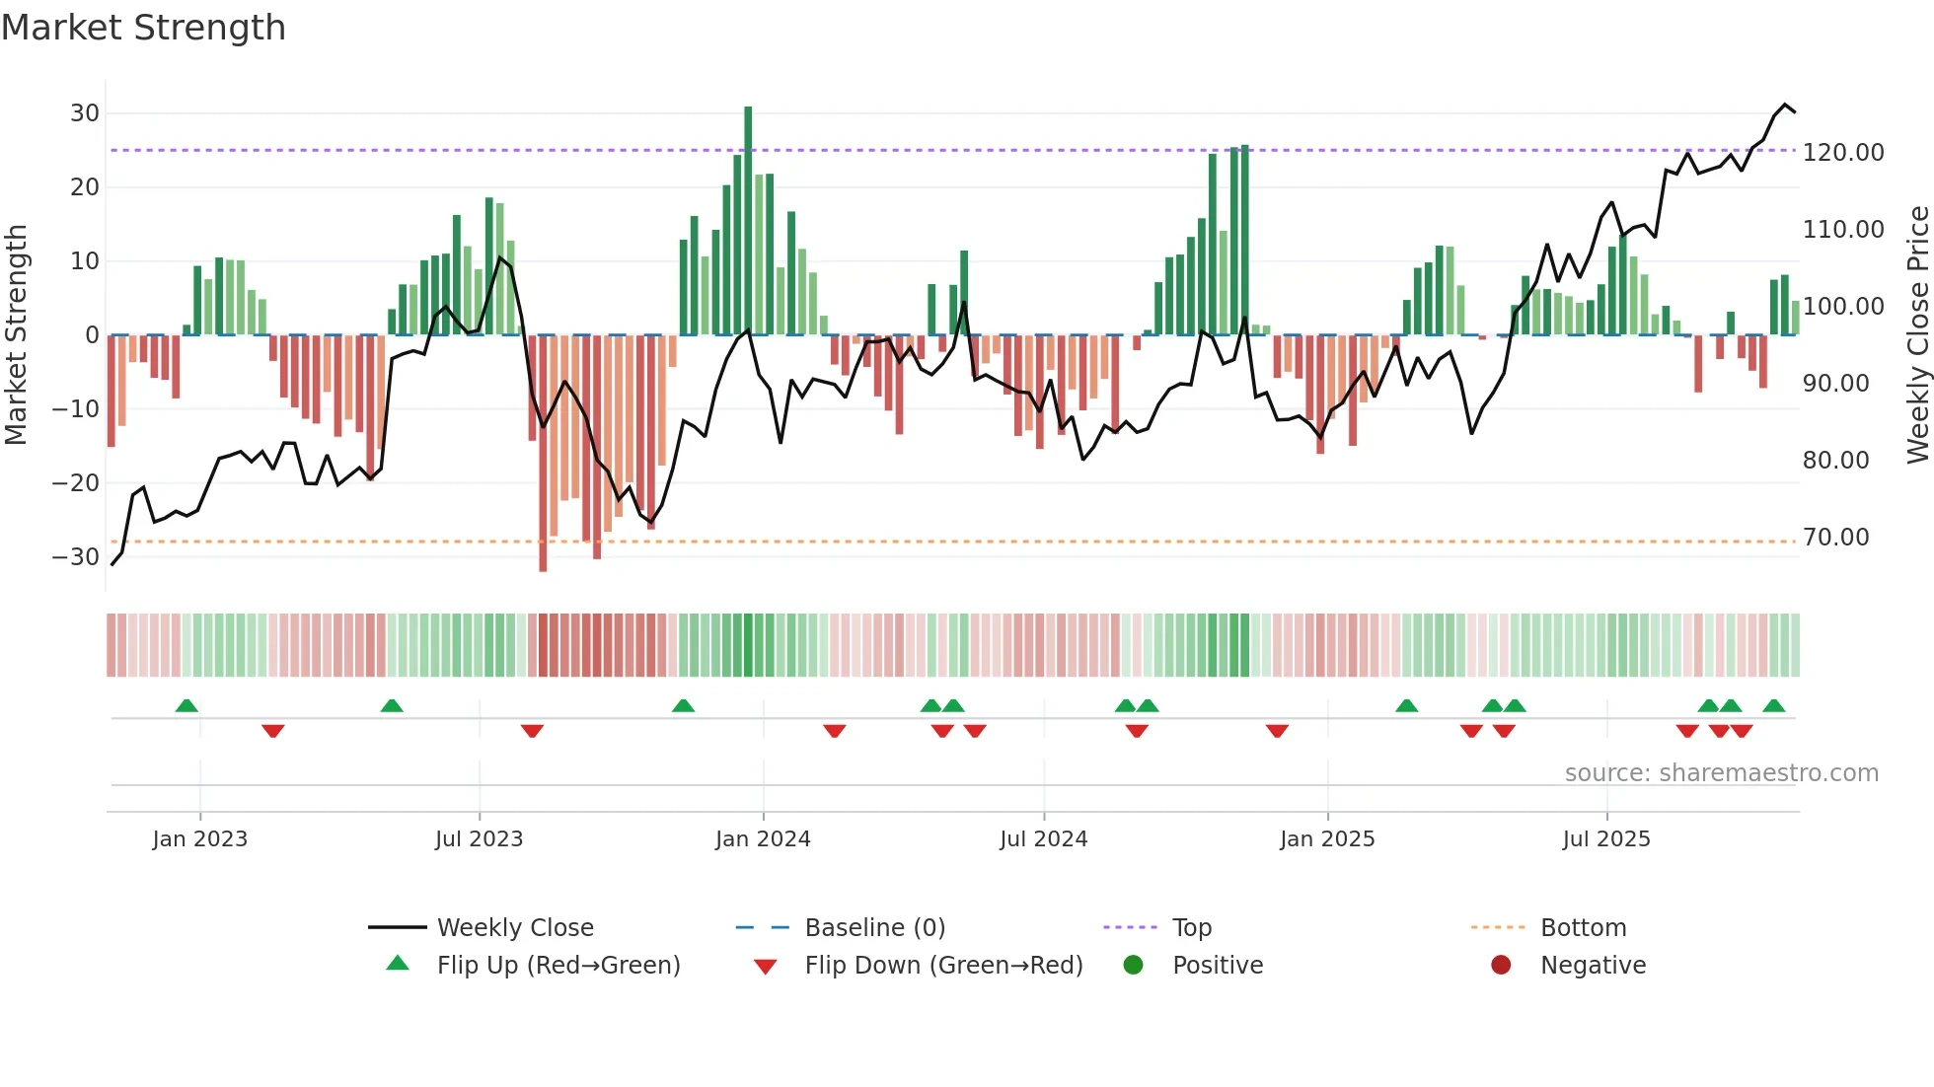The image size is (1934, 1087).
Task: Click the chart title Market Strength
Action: point(143,28)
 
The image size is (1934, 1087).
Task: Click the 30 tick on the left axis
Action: point(85,113)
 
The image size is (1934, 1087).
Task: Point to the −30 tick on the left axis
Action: point(77,556)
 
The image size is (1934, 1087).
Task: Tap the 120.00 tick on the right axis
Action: point(1842,153)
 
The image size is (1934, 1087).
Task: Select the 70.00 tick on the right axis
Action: point(1835,538)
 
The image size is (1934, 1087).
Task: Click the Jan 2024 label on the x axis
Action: point(763,839)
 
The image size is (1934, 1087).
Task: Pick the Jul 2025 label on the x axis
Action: point(1605,839)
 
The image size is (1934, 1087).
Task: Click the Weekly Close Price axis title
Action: point(1917,335)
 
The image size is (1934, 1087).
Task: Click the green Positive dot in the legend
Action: point(1133,965)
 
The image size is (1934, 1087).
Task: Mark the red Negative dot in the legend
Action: point(1501,965)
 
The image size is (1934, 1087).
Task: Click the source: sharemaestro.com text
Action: point(1721,773)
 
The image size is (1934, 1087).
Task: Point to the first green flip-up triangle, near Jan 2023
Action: point(186,705)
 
